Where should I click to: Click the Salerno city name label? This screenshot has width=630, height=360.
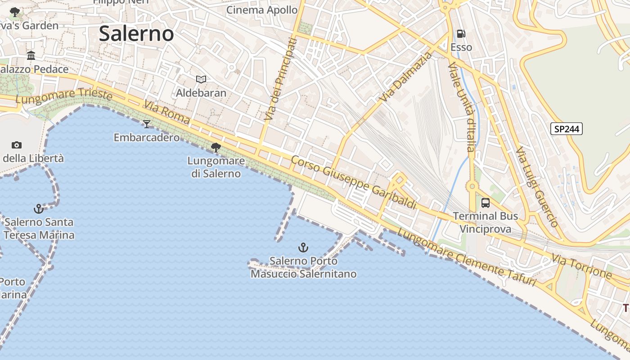(136, 34)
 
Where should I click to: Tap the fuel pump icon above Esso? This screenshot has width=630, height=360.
(461, 34)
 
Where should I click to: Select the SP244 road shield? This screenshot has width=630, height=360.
(567, 129)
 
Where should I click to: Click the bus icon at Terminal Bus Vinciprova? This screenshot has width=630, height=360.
(485, 202)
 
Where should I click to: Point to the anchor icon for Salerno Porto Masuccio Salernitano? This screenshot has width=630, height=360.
(304, 247)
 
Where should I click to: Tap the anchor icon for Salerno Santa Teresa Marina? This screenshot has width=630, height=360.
(39, 208)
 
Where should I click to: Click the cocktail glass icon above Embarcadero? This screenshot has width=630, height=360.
(147, 124)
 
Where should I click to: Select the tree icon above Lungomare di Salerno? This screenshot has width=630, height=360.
(216, 147)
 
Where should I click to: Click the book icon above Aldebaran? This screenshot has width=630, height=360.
(201, 80)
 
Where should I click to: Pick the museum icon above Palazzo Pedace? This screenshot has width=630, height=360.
(31, 56)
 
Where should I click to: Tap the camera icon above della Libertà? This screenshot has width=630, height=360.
(17, 145)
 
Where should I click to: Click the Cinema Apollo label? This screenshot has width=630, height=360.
(262, 10)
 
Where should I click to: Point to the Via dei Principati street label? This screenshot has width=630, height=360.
(281, 80)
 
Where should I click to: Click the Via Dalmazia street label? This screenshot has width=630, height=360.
(405, 77)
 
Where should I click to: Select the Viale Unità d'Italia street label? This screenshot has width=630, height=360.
(463, 108)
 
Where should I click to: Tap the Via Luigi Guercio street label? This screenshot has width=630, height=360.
(537, 186)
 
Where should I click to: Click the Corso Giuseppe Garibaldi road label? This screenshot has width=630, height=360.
(354, 182)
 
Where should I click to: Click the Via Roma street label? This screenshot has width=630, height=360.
(167, 112)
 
